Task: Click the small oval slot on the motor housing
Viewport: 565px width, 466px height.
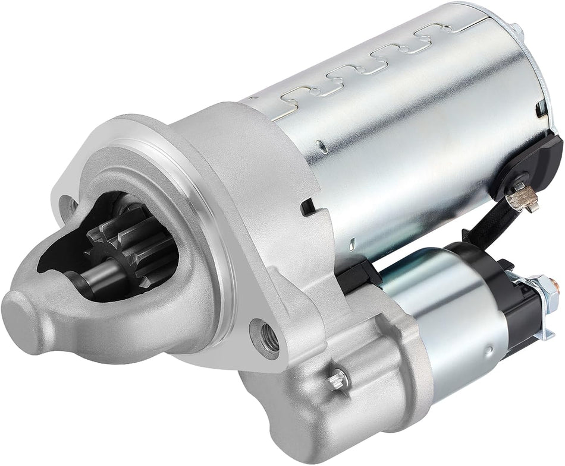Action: coord(321,142)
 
